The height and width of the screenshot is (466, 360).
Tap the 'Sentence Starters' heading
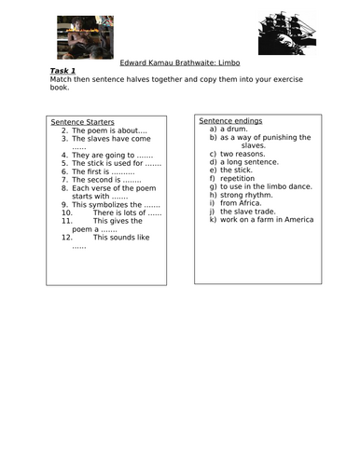click(x=80, y=122)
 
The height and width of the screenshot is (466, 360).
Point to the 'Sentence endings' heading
click(x=230, y=121)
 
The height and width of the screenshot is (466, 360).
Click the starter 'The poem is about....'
click(x=104, y=130)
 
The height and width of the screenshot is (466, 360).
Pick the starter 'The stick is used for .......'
click(x=116, y=163)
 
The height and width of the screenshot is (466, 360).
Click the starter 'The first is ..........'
click(x=104, y=171)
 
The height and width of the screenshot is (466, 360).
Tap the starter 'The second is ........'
click(x=106, y=180)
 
